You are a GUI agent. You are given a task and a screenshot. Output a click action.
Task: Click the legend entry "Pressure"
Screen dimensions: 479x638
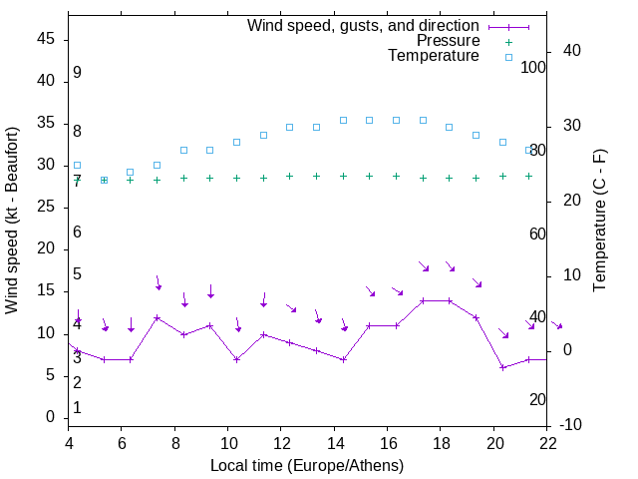449,41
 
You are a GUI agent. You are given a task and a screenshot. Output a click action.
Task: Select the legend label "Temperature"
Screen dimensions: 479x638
434,56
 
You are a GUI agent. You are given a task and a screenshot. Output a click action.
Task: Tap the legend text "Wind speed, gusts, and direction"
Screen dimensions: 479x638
364,25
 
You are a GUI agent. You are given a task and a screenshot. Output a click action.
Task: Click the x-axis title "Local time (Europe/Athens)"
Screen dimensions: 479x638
307,465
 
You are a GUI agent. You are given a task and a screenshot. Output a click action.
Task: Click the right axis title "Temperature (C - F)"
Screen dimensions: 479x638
600,220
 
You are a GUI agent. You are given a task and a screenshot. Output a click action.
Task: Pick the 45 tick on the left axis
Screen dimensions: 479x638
45,39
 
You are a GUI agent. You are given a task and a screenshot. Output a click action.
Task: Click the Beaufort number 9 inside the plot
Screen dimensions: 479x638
77,73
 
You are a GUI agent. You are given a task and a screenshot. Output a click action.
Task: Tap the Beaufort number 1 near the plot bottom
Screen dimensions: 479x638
77,408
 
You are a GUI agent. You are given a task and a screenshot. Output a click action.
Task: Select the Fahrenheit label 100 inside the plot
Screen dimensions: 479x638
534,67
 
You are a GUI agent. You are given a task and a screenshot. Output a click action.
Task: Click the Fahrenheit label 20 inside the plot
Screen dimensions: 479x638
538,399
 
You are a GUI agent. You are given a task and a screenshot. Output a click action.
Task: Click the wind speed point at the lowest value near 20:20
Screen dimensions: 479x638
503,367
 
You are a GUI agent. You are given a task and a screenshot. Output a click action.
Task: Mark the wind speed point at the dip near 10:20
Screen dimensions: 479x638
236,359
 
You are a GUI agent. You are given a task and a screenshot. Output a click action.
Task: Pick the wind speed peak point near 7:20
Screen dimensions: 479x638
157,317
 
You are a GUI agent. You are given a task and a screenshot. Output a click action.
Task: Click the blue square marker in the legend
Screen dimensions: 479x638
508,57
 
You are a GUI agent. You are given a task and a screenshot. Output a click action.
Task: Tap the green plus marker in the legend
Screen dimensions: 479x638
508,41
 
